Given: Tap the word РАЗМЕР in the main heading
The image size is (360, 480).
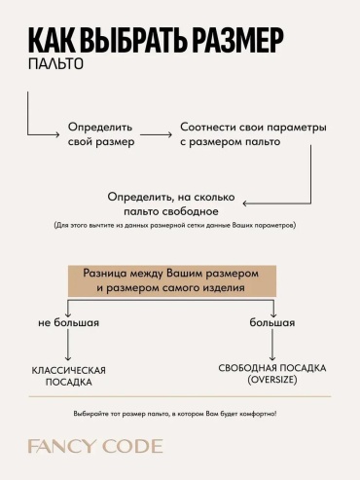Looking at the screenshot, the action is pos(237,40).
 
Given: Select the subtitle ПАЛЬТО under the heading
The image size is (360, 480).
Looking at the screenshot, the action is pos(55,64).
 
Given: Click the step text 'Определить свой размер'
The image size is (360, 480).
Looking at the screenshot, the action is pos(101,134).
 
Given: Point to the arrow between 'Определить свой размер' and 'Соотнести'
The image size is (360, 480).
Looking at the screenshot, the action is pos(156,134).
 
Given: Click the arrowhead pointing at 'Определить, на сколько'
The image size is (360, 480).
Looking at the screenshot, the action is pos(245,203).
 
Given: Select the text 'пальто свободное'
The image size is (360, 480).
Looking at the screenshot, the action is pos(171,211).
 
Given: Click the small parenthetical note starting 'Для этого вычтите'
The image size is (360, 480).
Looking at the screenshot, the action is pos(175,225).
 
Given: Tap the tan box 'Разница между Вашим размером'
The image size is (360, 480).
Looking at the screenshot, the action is pos(172,280).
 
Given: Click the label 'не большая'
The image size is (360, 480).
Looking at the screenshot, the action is pos(68,322).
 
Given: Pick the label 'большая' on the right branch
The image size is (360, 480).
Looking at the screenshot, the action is pos(272,322).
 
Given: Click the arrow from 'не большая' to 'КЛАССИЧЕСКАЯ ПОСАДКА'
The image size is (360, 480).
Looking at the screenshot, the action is pos(68,345).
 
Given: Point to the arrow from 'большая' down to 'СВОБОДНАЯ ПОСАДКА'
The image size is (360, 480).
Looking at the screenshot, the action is pos(272,345).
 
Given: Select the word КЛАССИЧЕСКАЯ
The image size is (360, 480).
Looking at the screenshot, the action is pos(68,370).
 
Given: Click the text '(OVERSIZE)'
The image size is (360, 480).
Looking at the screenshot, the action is pos(272,380).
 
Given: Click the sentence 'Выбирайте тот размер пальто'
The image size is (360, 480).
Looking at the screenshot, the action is pos(175,414).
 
